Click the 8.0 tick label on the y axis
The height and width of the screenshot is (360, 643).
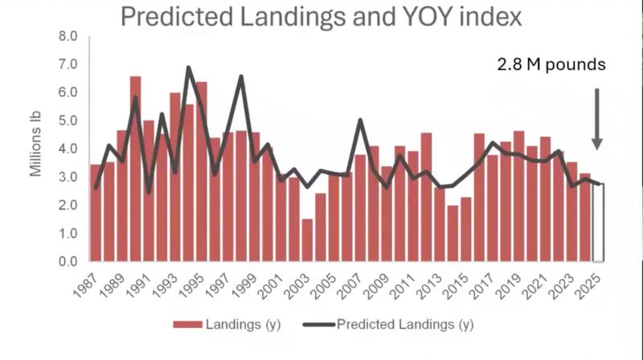point(68,36)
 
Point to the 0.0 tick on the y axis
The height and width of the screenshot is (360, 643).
point(68,261)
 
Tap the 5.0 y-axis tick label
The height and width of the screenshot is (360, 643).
point(68,121)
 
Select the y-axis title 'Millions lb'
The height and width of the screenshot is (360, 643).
point(35,149)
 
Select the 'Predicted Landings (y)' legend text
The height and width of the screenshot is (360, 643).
point(403,325)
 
